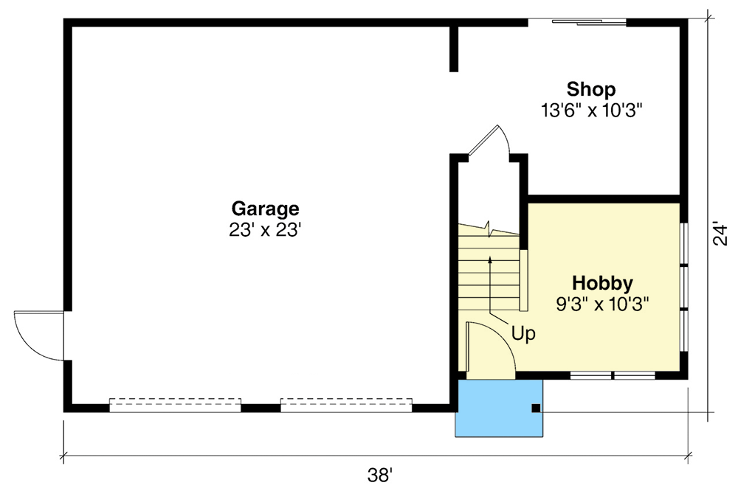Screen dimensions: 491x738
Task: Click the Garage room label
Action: [x=265, y=209]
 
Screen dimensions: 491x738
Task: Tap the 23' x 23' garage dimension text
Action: [x=265, y=230]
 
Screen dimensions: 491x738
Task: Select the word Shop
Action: [x=591, y=90]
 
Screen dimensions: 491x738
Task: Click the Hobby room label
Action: [x=603, y=283]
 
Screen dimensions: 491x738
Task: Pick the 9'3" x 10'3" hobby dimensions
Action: [x=603, y=303]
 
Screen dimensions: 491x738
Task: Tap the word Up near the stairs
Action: [x=523, y=333]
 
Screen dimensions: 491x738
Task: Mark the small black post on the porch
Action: [x=537, y=408]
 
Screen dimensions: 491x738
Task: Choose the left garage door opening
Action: [x=175, y=404]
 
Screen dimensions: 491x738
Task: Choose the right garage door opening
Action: [x=345, y=404]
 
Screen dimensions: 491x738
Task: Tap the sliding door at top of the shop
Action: [x=589, y=21]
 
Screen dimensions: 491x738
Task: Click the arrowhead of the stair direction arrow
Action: [x=489, y=260]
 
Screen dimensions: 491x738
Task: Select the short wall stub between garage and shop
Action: [x=454, y=49]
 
